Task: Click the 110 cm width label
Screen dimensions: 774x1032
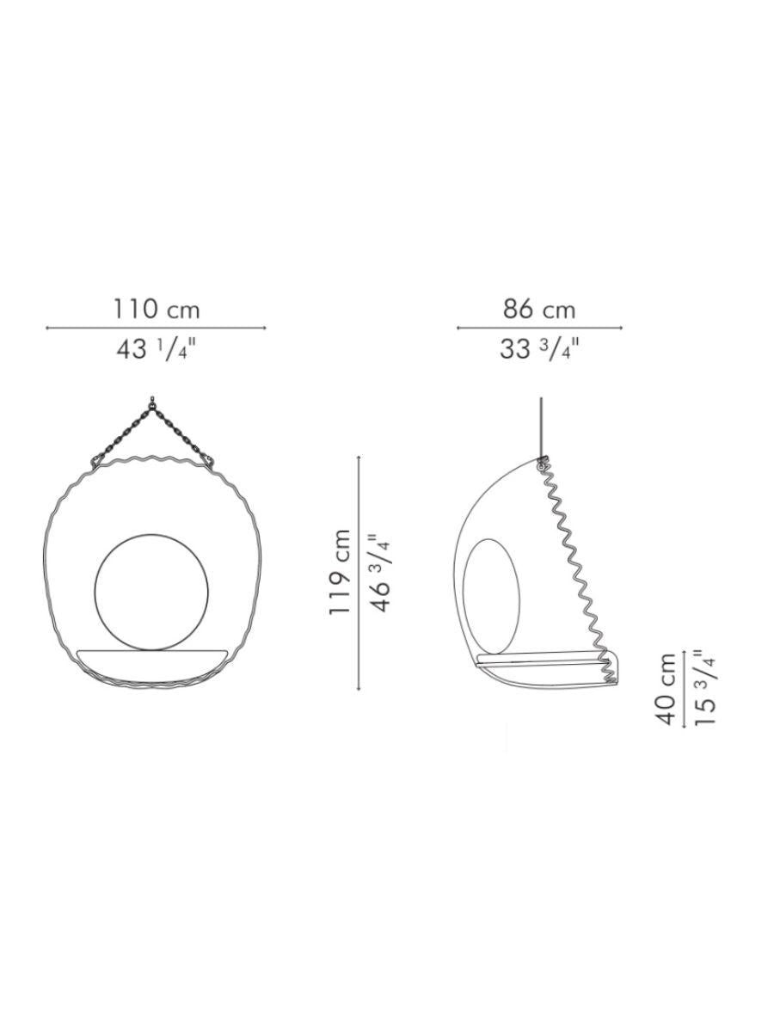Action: pyautogui.click(x=157, y=310)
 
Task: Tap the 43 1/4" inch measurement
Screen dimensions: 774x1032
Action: pyautogui.click(x=156, y=350)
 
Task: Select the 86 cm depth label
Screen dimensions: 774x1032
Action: pyautogui.click(x=539, y=310)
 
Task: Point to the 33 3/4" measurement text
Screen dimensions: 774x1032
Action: pyautogui.click(x=539, y=350)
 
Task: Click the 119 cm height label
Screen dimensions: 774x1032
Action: pyautogui.click(x=340, y=571)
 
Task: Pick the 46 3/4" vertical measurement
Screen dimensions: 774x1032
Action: pyautogui.click(x=380, y=572)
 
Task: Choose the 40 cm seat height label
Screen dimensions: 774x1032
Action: pyautogui.click(x=666, y=688)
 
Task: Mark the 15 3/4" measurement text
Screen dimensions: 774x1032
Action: pyautogui.click(x=705, y=688)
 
